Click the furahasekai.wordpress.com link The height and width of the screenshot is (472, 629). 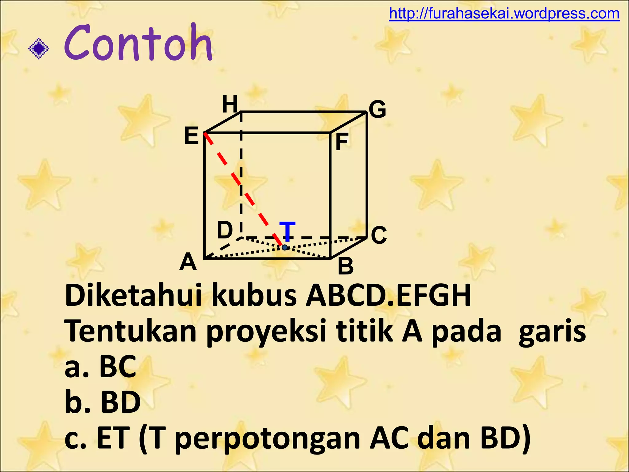point(504,14)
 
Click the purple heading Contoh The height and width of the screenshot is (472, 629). point(138,43)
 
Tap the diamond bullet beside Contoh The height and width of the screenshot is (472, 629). point(39,49)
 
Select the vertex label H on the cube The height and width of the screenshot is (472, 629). point(230,104)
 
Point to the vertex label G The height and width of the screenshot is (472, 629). point(377,109)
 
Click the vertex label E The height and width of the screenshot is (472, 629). point(191,136)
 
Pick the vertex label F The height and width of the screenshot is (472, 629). point(342,142)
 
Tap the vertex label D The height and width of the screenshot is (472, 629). point(225,230)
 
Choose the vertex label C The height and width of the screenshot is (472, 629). point(379,235)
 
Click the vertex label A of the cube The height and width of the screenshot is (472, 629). point(188,262)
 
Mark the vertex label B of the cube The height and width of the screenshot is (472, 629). point(346,266)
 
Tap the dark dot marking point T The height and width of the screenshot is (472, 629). point(285,247)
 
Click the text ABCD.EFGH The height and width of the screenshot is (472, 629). point(388,296)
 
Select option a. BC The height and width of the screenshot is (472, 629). point(100,366)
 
